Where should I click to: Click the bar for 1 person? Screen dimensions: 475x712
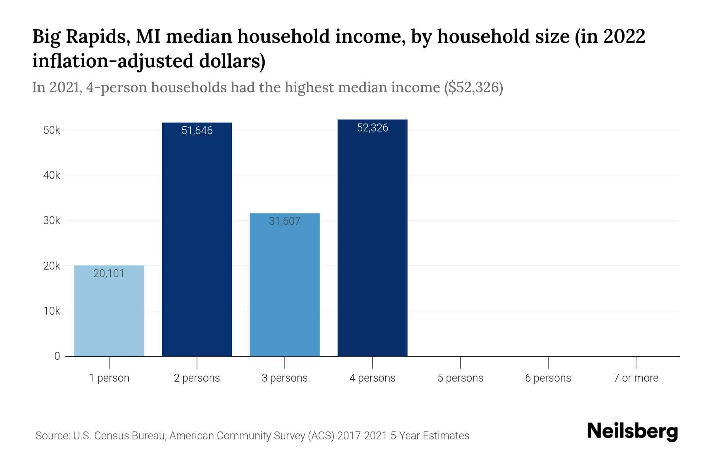pos(109,311)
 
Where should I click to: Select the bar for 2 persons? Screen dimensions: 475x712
pos(197,239)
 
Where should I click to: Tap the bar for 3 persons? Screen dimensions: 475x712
pos(285,285)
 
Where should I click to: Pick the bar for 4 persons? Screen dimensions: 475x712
pos(372,237)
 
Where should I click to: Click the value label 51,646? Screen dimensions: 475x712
pos(197,131)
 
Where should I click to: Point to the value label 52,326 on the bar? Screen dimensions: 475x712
pos(372,128)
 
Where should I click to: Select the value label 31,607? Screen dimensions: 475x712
pos(285,221)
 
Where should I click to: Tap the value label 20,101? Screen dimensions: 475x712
pos(109,274)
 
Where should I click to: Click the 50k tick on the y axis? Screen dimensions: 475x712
pos(52,130)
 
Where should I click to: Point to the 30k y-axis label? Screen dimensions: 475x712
pos(52,220)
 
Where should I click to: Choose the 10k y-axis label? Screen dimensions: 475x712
pos(52,311)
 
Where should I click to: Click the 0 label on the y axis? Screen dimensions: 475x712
pos(57,356)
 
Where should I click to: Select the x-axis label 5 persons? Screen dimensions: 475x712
pos(460,378)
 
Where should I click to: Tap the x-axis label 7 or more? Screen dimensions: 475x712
pos(636,378)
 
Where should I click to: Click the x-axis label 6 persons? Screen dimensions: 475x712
pos(548,378)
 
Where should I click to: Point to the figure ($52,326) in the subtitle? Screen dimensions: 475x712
pos(473,87)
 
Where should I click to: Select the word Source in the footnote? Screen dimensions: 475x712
pos(51,436)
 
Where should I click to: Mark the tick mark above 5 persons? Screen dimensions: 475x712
pos(460,362)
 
